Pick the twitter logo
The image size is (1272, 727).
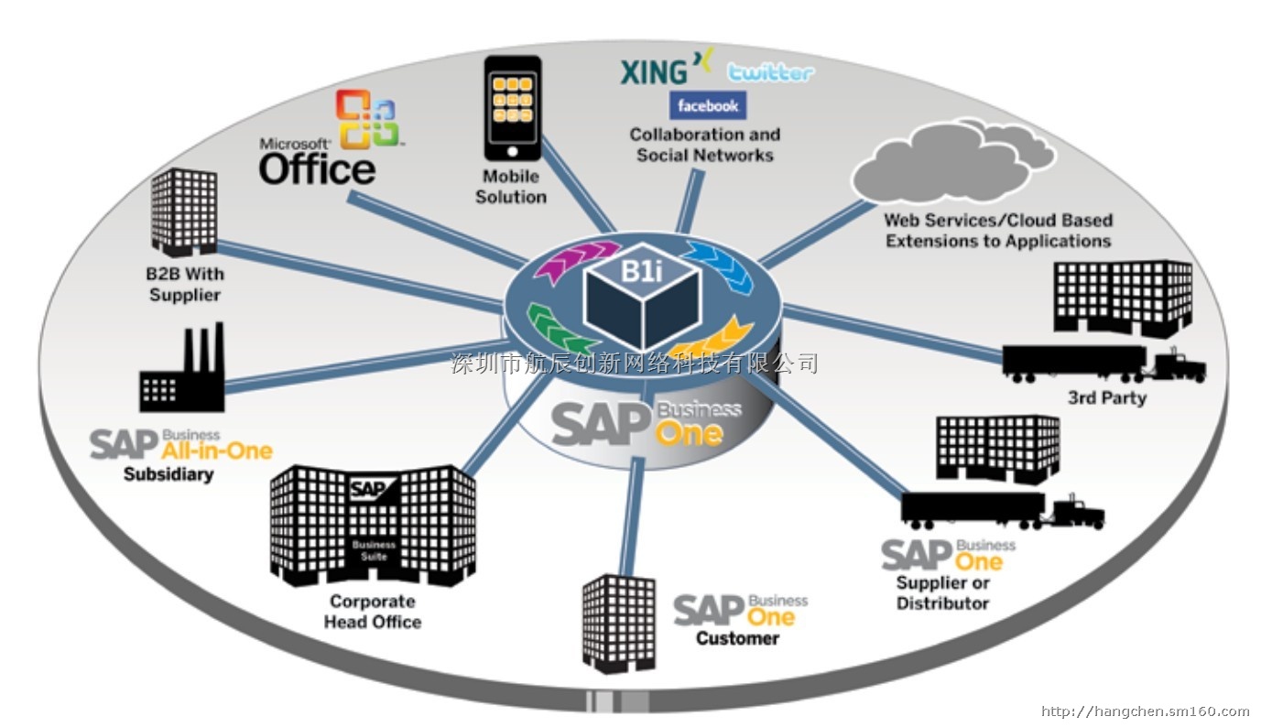click(770, 73)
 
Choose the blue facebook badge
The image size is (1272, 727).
click(707, 105)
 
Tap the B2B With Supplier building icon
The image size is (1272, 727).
click(184, 211)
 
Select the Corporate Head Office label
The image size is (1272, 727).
click(373, 612)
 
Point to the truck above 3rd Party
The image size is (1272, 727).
click(1103, 363)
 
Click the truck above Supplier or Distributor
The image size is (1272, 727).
click(1002, 510)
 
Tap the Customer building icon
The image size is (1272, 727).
click(619, 623)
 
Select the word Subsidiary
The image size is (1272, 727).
click(169, 474)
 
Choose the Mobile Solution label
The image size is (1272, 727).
click(511, 186)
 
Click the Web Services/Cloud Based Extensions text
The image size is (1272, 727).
click(998, 230)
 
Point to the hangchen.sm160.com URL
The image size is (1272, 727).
click(1146, 711)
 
